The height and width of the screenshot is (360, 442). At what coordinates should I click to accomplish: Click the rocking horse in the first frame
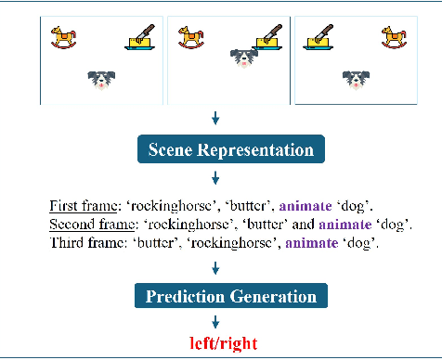[x=67, y=38]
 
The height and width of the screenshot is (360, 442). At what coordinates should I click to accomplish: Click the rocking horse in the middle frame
[x=194, y=38]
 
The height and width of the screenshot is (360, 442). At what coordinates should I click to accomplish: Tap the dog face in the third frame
[x=354, y=80]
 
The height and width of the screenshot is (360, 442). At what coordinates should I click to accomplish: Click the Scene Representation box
[x=226, y=149]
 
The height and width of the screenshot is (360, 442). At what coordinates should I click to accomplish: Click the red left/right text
[x=221, y=342]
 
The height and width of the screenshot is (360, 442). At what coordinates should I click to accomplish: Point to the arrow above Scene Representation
[x=216, y=118]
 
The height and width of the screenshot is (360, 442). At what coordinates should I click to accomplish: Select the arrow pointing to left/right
[x=216, y=322]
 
